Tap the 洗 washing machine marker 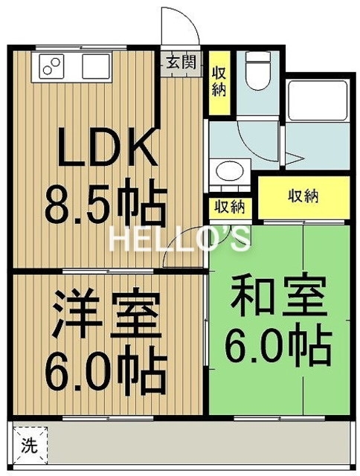[x=28, y=448]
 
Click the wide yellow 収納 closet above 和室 [x=303, y=197]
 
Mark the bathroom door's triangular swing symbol [x=296, y=158]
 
